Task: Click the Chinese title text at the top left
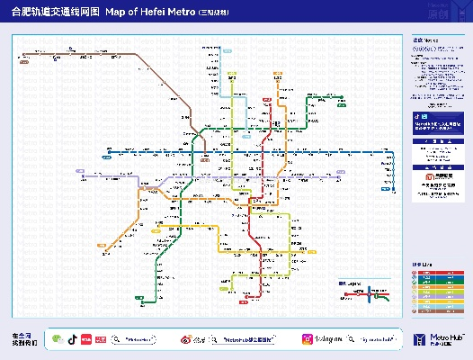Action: coord(55,13)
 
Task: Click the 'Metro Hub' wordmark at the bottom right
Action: coord(436,337)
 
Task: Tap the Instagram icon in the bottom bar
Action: coord(306,338)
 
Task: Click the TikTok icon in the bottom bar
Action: coord(73,338)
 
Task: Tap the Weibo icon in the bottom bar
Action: coord(190,338)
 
